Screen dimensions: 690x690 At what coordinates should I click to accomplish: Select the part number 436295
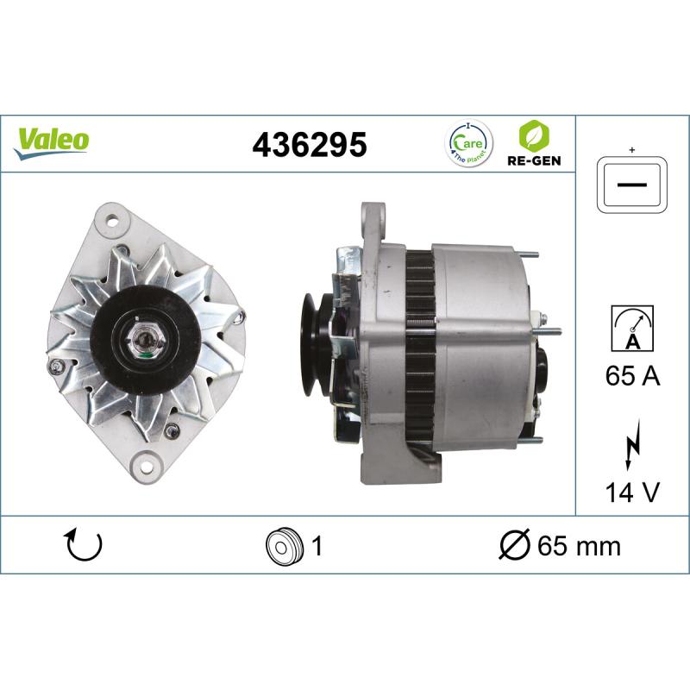coord(309,144)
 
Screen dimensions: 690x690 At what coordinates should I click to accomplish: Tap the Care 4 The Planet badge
coord(468,142)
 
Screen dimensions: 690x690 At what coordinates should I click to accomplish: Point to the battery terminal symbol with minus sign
coord(632,185)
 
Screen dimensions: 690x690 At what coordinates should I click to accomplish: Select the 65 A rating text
coord(632,377)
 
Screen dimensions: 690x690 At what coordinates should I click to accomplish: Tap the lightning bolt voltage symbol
coord(631,445)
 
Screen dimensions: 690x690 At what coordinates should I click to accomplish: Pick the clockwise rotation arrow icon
coord(84,545)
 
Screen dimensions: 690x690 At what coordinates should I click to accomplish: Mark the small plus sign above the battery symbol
coord(632,151)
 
